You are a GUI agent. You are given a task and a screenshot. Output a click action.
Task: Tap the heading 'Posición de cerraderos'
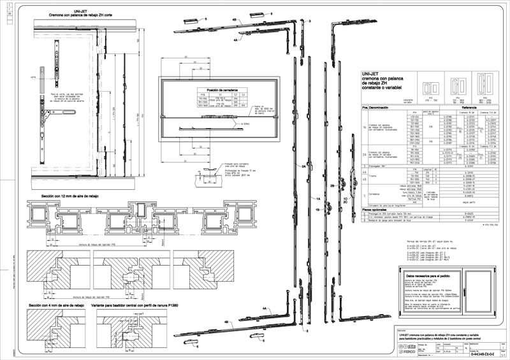pyautogui.click(x=212, y=91)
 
